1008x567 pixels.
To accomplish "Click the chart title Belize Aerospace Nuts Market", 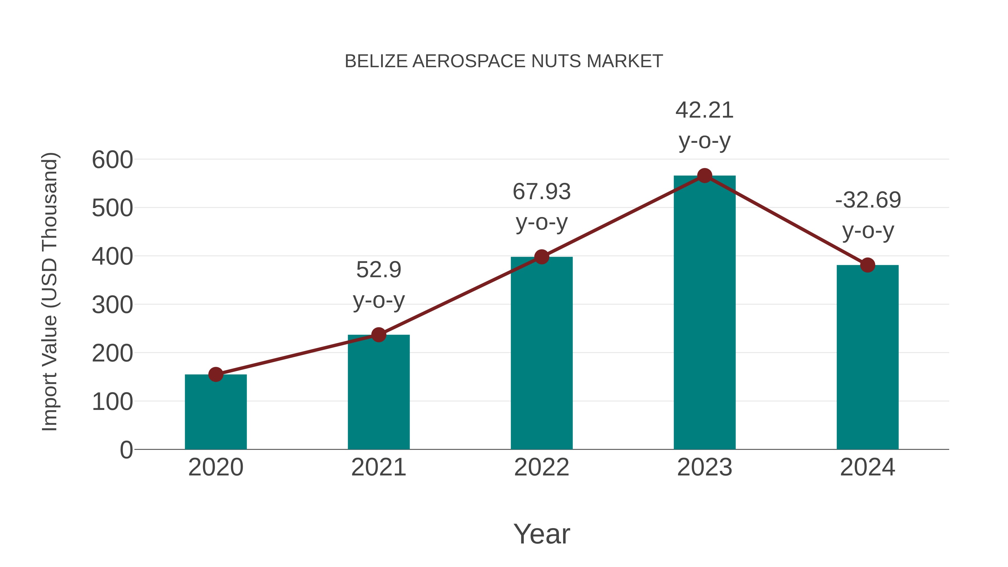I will click(504, 61).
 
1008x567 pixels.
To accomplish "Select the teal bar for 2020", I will click(216, 413).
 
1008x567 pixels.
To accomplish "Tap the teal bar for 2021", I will click(378, 393).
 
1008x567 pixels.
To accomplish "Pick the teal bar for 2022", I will click(542, 354).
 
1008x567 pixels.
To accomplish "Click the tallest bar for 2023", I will click(704, 313).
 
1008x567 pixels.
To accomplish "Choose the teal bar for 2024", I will click(867, 358).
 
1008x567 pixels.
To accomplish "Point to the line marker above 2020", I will click(216, 374).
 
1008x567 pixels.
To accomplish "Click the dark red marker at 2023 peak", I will click(704, 176).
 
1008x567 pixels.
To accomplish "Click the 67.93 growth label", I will click(542, 192).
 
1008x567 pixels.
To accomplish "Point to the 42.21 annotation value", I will click(704, 110).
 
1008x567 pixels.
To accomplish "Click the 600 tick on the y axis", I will click(112, 160).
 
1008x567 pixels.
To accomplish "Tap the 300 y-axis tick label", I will click(112, 305).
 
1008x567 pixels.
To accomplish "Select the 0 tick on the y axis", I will click(126, 450).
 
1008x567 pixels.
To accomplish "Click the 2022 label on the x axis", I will click(542, 468).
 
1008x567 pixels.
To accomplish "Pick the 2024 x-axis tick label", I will click(867, 468).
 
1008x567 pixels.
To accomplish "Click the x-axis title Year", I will click(542, 534).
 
